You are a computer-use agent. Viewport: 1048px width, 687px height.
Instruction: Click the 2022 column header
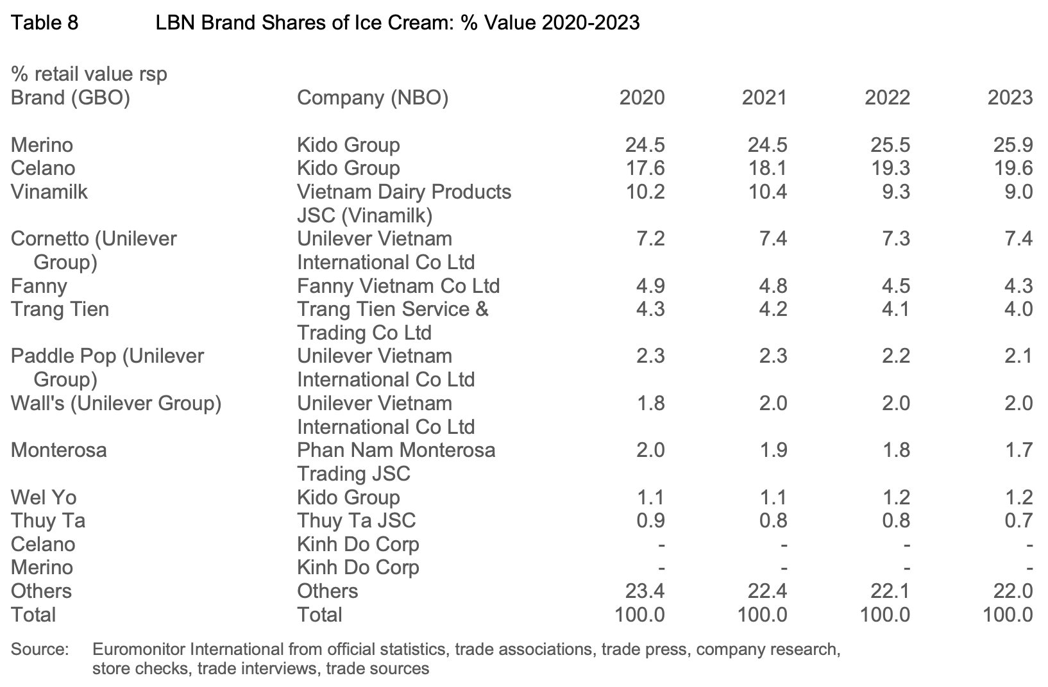pos(887,98)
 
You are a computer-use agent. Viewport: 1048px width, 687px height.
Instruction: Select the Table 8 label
pos(44,23)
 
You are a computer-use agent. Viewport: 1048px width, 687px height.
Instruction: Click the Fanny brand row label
pos(38,286)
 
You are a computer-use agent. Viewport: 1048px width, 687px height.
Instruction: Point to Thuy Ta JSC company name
pos(356,520)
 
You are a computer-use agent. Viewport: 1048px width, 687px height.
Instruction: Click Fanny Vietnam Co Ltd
pos(398,286)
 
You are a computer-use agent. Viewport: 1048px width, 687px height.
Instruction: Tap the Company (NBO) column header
pos(373,98)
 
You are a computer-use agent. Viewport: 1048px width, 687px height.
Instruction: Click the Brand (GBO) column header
pos(70,98)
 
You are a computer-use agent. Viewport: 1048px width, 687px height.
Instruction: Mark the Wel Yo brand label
pos(44,497)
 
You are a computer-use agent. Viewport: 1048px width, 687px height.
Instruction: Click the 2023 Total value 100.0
pos(1008,615)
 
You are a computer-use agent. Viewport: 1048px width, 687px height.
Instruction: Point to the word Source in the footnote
pos(39,649)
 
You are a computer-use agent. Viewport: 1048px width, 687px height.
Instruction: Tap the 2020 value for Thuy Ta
pos(650,520)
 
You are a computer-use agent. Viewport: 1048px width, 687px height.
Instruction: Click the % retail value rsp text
pos(89,74)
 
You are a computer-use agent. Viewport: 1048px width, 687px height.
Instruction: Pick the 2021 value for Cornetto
pos(773,238)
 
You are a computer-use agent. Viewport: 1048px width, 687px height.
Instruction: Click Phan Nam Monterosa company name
pos(396,450)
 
